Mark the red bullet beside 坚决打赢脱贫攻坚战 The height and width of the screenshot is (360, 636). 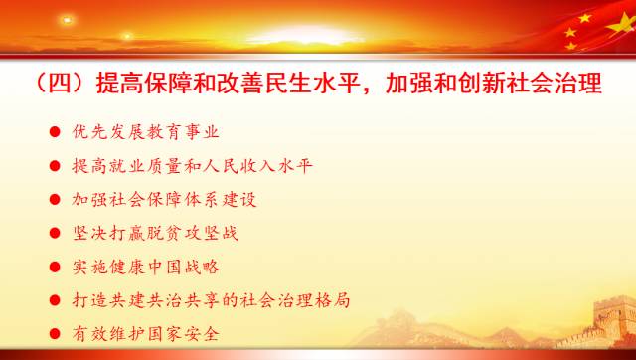[x=53, y=234]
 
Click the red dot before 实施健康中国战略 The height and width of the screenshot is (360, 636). [x=53, y=268]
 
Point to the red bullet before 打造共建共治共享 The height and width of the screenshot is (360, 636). [x=53, y=300]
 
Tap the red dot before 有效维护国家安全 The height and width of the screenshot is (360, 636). [x=53, y=334]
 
